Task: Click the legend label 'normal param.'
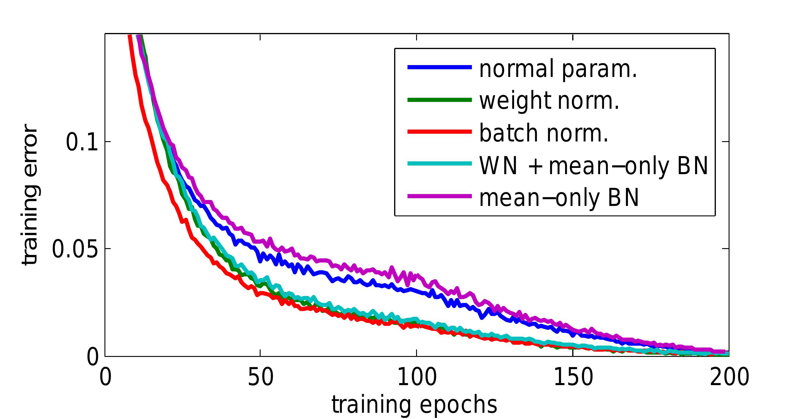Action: (558, 69)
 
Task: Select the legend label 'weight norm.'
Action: (549, 101)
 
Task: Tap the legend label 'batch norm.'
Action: (544, 133)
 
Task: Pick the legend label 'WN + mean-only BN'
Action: (593, 166)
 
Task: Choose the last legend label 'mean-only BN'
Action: (559, 198)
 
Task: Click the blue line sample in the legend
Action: (440, 67)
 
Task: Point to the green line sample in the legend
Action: (440, 100)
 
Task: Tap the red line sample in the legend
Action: (440, 132)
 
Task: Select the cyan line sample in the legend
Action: (440, 163)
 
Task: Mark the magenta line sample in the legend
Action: (440, 196)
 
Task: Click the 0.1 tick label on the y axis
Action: (82, 142)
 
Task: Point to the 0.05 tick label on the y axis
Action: (75, 249)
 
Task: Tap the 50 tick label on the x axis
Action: (260, 377)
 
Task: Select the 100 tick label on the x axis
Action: (417, 377)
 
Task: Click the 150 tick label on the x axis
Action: (573, 377)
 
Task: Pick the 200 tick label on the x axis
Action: (730, 377)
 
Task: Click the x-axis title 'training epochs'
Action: (414, 405)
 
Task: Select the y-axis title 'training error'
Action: (30, 194)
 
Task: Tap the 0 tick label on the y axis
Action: (93, 357)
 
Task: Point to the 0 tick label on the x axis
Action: (105, 377)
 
